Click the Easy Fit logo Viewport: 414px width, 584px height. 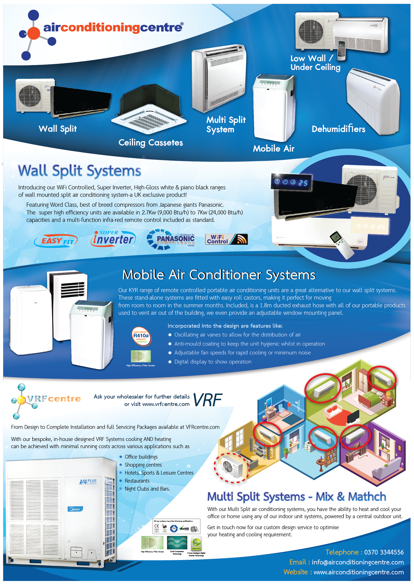click(x=56, y=241)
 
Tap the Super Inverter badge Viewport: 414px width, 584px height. click(x=113, y=239)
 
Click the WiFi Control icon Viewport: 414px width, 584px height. click(x=226, y=239)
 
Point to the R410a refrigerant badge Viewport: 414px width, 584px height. click(x=141, y=336)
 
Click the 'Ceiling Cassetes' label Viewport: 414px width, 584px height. click(x=151, y=142)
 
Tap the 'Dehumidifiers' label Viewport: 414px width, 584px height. click(x=338, y=129)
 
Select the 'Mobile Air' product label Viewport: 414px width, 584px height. click(x=274, y=149)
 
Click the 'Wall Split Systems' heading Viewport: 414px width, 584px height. click(x=79, y=171)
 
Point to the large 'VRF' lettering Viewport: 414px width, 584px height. click(x=208, y=400)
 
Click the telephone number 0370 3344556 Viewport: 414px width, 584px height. click(x=384, y=552)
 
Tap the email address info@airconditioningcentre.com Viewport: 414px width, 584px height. click(x=358, y=562)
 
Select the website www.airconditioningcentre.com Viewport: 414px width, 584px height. click(x=359, y=572)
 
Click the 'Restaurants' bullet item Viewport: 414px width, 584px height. click(x=137, y=481)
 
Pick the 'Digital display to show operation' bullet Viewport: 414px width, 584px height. click(x=213, y=362)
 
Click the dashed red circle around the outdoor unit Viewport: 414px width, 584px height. click(x=232, y=468)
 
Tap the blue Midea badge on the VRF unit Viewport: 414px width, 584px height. click(x=75, y=509)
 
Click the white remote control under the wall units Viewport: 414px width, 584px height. click(x=342, y=244)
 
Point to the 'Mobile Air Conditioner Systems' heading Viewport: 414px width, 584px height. click(x=219, y=275)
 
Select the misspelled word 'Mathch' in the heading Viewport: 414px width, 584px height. click(x=367, y=497)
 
